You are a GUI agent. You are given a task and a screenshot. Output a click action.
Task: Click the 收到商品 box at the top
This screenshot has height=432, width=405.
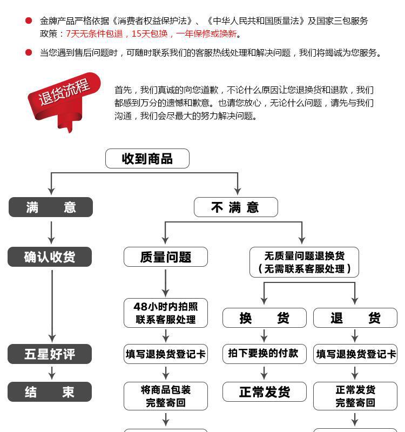pyautogui.click(x=147, y=159)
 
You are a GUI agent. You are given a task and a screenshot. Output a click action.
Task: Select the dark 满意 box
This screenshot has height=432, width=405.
pyautogui.click(x=51, y=207)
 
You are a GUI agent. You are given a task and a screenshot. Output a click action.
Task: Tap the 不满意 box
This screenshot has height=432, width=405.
pyautogui.click(x=235, y=207)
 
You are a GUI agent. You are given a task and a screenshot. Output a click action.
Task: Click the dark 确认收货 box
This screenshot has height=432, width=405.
pyautogui.click(x=50, y=257)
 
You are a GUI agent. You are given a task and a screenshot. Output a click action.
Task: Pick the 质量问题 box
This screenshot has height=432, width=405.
pyautogui.click(x=165, y=257)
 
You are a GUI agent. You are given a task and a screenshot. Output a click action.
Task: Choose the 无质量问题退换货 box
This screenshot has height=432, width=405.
pyautogui.click(x=304, y=262)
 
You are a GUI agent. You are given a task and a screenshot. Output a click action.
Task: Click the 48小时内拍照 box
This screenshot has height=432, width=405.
pyautogui.click(x=165, y=313)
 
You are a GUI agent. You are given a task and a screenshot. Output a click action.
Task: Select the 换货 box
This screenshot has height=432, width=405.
pyautogui.click(x=264, y=318)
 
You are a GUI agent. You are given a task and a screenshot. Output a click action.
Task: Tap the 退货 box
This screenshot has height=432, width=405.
pyautogui.click(x=355, y=318)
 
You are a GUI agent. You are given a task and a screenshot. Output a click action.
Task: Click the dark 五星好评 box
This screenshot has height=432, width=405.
pyautogui.click(x=50, y=354)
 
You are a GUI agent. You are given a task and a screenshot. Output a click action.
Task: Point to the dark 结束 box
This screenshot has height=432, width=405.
pyautogui.click(x=50, y=392)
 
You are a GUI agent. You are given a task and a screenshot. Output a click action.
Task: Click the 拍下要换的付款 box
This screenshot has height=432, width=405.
pyautogui.click(x=264, y=354)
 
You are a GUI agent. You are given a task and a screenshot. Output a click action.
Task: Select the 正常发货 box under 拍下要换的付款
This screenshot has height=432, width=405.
pyautogui.click(x=264, y=392)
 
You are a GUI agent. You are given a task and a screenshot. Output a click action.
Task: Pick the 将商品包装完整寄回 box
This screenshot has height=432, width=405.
pyautogui.click(x=165, y=396)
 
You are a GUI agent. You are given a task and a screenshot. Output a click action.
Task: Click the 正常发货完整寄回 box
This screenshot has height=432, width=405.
pyautogui.click(x=355, y=396)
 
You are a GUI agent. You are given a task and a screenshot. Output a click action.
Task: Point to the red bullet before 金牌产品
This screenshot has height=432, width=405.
pyautogui.click(x=29, y=21)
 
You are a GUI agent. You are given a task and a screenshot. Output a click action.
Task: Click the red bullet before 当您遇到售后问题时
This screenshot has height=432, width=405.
pyautogui.click(x=29, y=52)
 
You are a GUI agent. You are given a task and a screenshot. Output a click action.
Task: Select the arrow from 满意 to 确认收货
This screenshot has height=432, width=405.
pyautogui.click(x=51, y=232)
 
